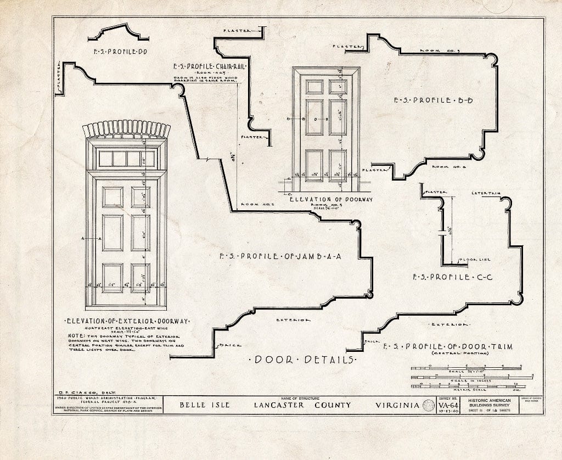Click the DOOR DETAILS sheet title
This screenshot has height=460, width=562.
[x=303, y=360]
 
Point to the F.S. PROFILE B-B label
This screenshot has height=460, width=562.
[x=433, y=100]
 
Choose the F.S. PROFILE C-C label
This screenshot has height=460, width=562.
[x=453, y=277]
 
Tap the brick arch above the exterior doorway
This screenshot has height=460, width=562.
[x=126, y=129]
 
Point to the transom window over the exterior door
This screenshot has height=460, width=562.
[x=127, y=159]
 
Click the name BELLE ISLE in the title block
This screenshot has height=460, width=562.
[x=203, y=406]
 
